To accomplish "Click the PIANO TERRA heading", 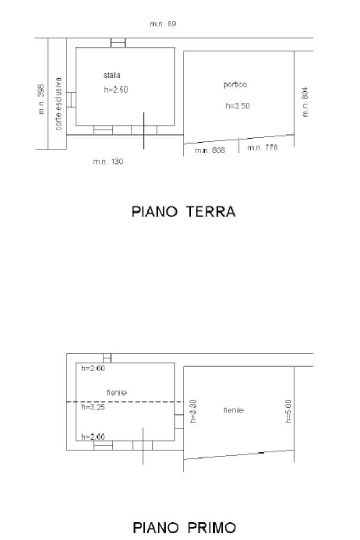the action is pos(183,211).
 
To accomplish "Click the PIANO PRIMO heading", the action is pos(184,527).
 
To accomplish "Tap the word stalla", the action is pos(112,75).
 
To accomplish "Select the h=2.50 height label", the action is pos(115,90).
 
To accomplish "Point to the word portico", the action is pos(235,84).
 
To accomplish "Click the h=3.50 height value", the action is pos(238,105).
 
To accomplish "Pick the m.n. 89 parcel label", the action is pos(163,24).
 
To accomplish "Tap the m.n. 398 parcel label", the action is pos(41,99).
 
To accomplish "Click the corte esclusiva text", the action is pos(59,104).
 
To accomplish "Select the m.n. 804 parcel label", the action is pos(305,102).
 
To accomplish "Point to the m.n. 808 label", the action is pos(210,150).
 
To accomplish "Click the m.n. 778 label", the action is pos(262,148).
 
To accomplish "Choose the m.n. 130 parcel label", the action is pos(108,161).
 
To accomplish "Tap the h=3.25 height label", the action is pos(93,407).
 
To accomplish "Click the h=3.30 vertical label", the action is pos(193,411).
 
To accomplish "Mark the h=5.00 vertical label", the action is pos(288,411).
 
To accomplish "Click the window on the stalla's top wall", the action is pos(118,43).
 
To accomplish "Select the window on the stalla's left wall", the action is pos(71,100).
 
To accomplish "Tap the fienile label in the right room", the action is pos(233,410).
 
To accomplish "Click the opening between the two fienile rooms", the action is pos(179,421).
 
